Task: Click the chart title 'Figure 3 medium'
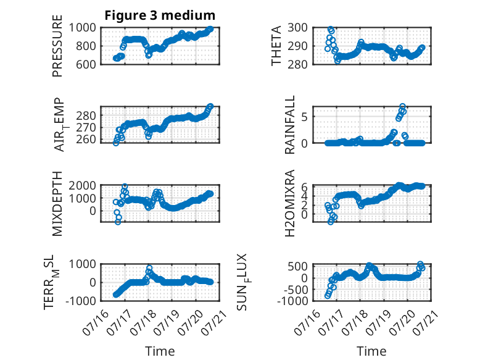point(160,15)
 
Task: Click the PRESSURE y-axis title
point(57,46)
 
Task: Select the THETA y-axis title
point(276,46)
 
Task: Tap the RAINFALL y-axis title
point(289,124)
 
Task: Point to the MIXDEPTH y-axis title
point(57,204)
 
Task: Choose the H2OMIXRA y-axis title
point(289,203)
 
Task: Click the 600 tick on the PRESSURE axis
point(86,64)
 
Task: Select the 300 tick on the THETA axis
point(297,28)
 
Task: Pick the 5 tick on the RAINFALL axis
point(304,117)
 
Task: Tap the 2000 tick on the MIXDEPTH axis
point(82,185)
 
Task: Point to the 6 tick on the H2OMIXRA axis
point(304,186)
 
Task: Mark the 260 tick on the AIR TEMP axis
point(86,139)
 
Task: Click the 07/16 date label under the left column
point(96,322)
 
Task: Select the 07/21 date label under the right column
point(426,322)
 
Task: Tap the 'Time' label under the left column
point(160,351)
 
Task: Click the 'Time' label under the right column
point(371,351)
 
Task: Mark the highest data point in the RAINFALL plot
point(402,107)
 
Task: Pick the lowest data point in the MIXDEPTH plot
point(118,222)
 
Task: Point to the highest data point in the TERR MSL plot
point(149,268)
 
